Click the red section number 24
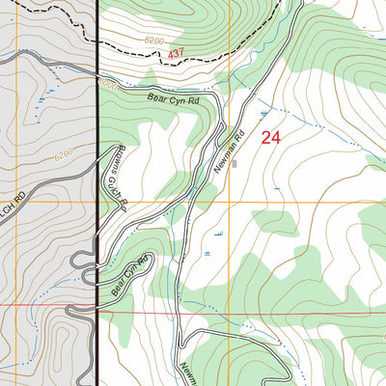tap(271, 138)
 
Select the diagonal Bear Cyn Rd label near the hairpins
tap(132, 274)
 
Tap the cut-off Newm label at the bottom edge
tap(183, 371)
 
